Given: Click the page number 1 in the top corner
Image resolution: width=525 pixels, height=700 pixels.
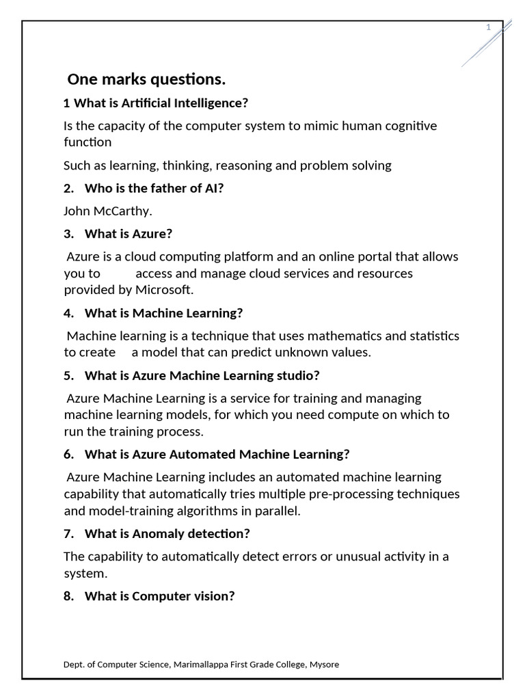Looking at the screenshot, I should tap(488, 27).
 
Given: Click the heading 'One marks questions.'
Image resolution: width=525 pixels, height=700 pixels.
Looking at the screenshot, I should tap(146, 80).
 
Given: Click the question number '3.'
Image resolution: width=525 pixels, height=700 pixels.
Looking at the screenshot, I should tap(68, 234).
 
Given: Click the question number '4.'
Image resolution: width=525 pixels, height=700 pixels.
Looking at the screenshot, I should tap(68, 313).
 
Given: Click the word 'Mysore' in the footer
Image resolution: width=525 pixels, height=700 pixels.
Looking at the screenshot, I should tap(323, 664).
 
